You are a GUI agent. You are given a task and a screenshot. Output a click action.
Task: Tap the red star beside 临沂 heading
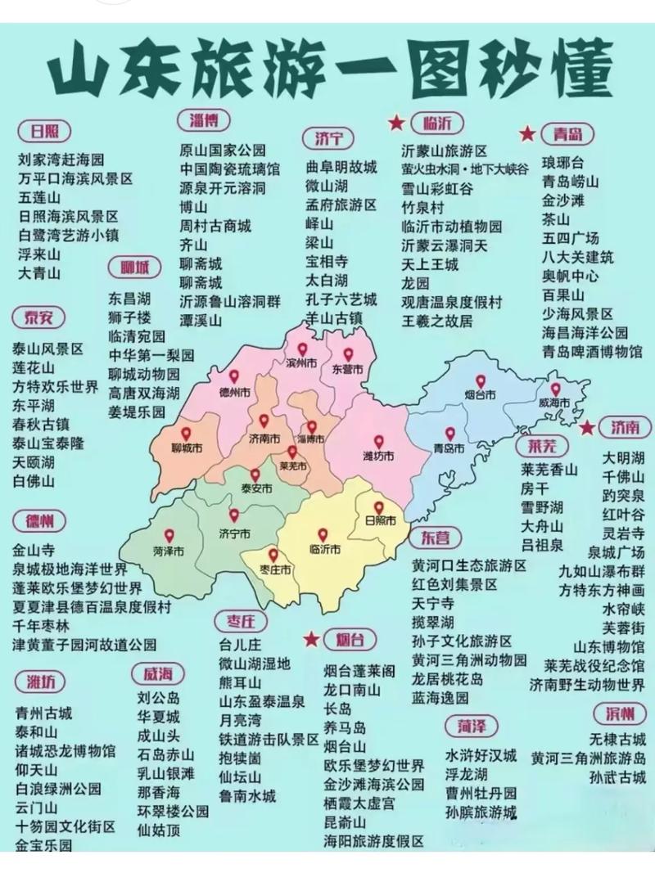pos(396,123)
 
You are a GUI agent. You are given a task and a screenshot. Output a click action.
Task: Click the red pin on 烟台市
pos(481,381)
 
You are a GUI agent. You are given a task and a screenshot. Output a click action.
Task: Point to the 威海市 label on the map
pos(554,403)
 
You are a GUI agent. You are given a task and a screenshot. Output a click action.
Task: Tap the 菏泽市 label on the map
pos(168,550)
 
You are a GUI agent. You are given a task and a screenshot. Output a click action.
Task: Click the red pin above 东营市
pos(348,354)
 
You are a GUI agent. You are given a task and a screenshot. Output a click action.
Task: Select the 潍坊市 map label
pos(378,455)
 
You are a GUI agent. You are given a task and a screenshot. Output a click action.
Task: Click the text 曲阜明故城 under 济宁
pos(341,167)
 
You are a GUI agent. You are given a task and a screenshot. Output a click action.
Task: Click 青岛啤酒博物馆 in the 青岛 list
pos(592,351)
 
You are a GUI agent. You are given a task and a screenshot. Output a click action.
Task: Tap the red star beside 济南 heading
pos(587,427)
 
